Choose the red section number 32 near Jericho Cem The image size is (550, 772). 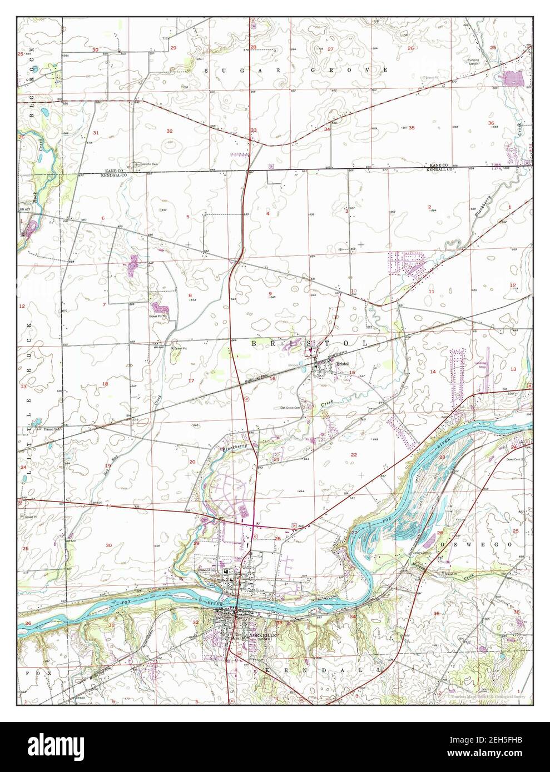(x=170, y=131)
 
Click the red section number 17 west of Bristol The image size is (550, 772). (x=191, y=380)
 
